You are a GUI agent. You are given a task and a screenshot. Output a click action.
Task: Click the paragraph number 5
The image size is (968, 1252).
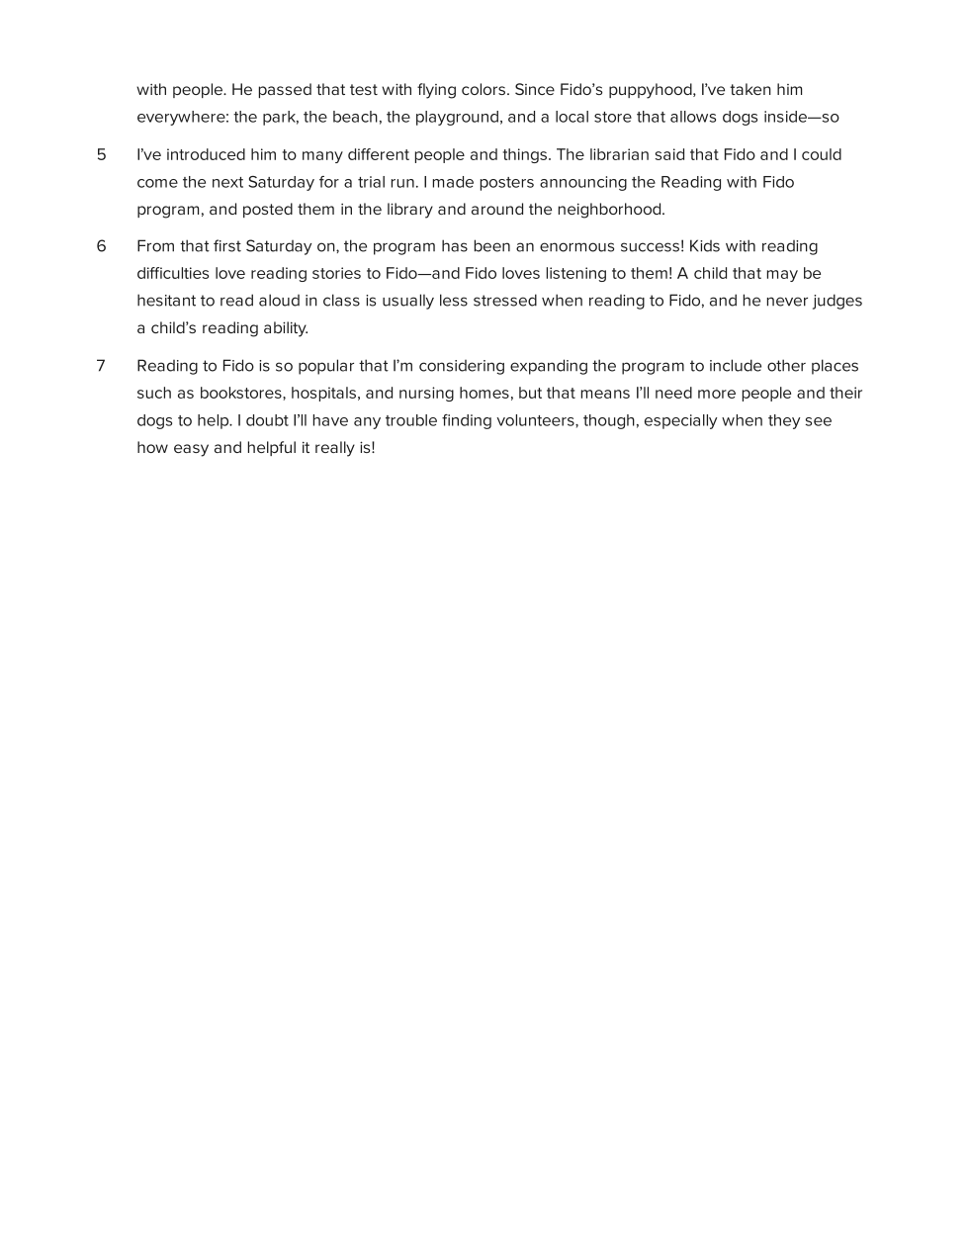tap(101, 155)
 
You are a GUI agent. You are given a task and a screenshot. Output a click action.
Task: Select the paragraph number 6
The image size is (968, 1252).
tap(101, 246)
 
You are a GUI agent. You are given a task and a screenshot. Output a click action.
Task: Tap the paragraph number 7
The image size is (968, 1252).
tap(101, 366)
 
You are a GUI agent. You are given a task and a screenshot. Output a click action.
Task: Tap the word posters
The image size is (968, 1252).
tap(506, 183)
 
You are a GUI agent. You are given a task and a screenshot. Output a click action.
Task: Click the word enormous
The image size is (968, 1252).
tap(579, 246)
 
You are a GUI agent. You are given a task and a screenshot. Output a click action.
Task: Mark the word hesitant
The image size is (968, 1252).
tap(169, 301)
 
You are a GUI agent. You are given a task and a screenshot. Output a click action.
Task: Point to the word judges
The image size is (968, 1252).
tap(837, 301)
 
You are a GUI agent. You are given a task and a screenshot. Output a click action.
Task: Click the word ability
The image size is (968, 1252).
tap(286, 328)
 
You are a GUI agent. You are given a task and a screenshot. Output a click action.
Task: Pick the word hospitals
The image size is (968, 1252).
tap(324, 394)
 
